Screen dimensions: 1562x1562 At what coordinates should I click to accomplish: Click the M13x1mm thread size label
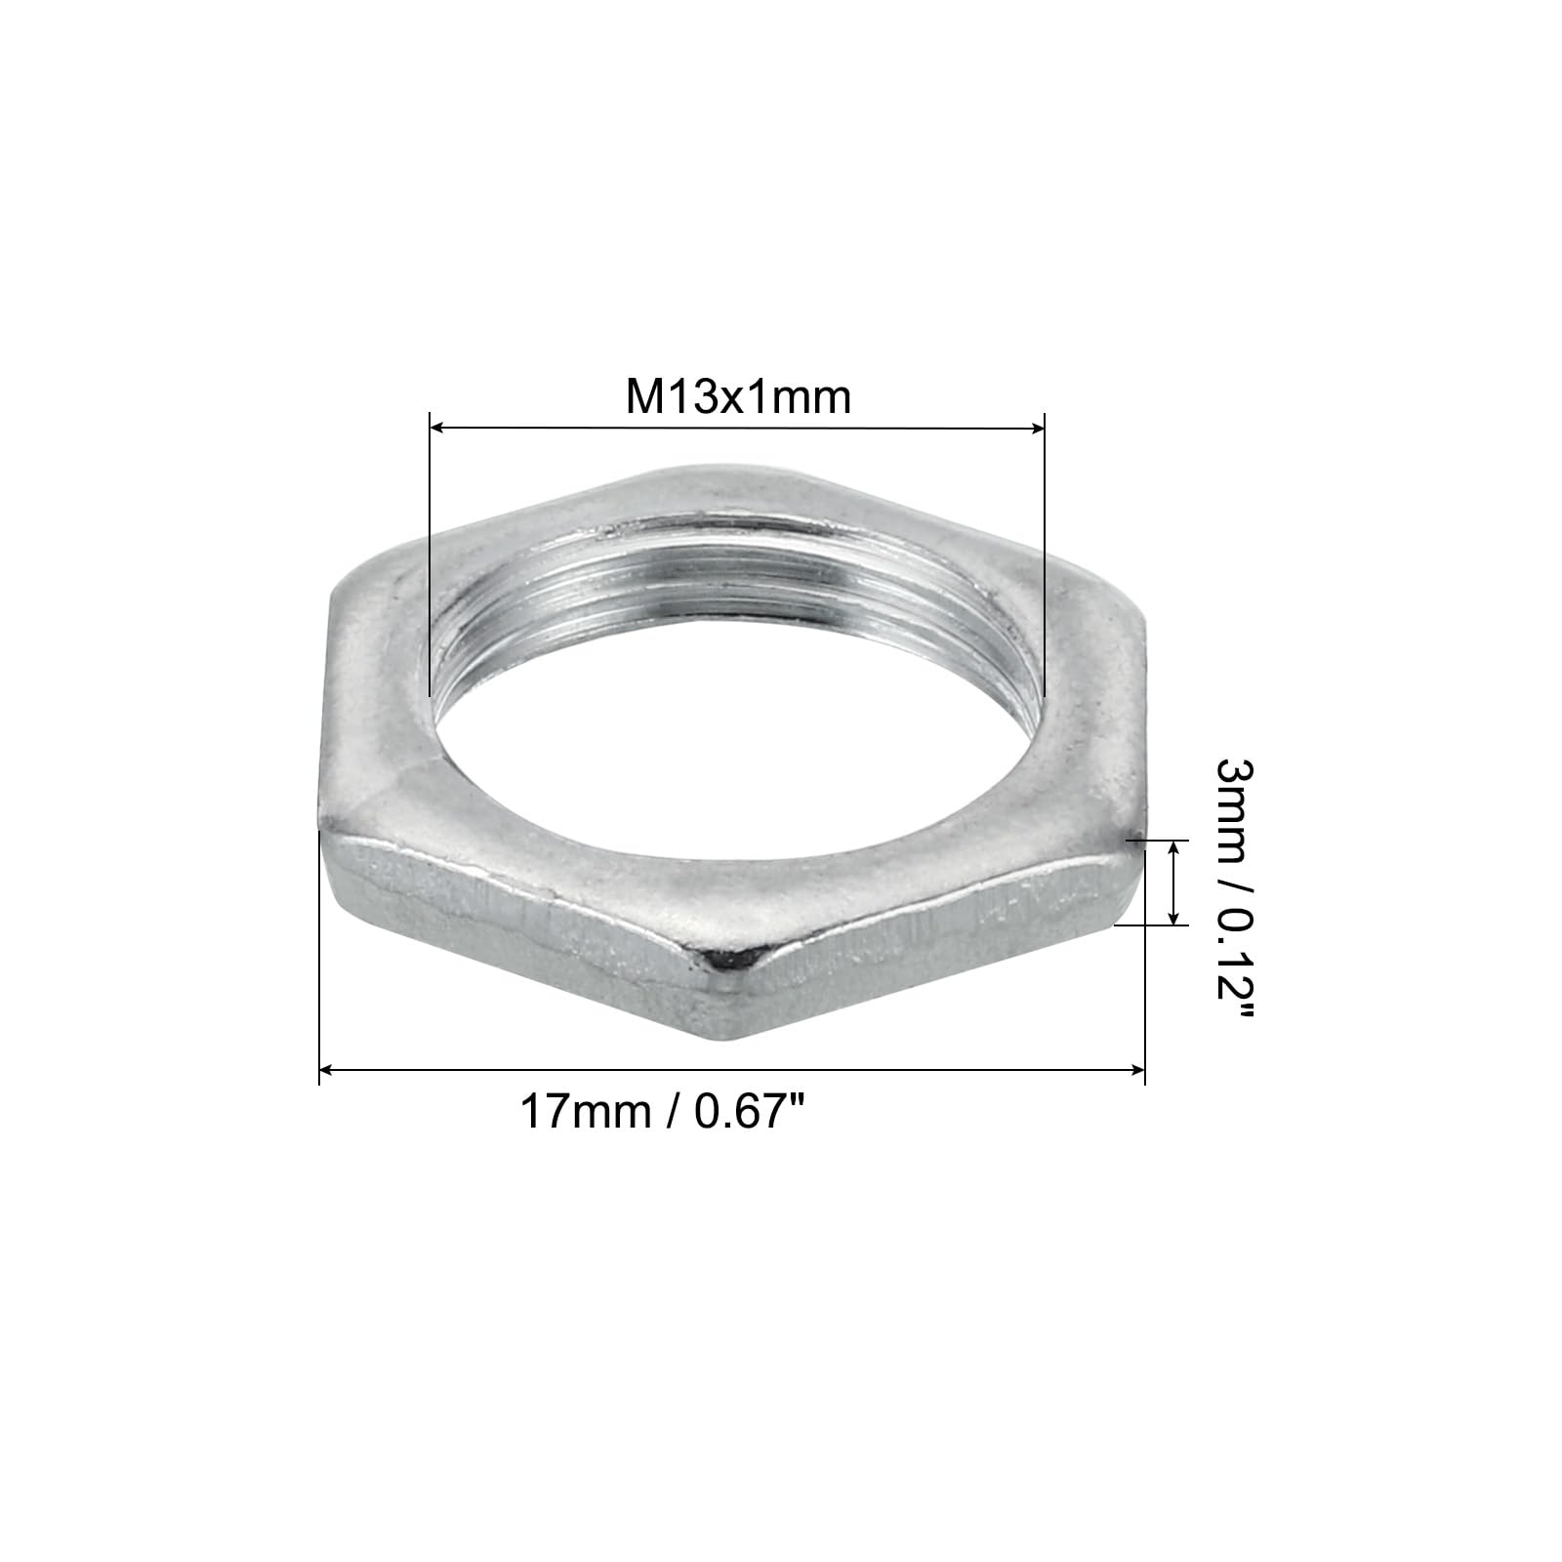click(738, 397)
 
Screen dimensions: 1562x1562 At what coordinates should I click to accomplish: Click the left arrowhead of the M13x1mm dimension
click(438, 427)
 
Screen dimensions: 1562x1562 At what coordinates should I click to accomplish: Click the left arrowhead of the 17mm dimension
click(328, 1071)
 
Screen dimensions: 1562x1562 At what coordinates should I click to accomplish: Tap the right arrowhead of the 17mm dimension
click(1136, 1071)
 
